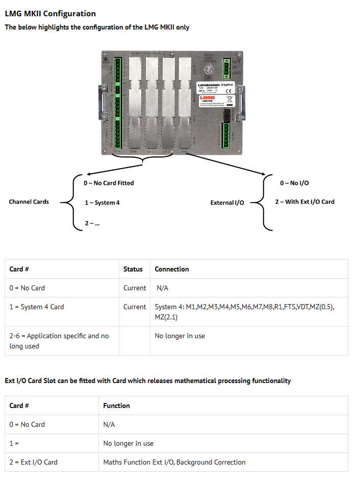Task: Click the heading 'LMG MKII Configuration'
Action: pyautogui.click(x=50, y=14)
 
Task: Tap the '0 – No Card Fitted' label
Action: pyautogui.click(x=109, y=183)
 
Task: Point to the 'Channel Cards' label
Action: pyautogui.click(x=29, y=202)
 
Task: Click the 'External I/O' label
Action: pyautogui.click(x=227, y=203)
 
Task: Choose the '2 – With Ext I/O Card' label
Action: pyautogui.click(x=305, y=202)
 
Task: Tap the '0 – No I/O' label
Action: pyautogui.click(x=294, y=183)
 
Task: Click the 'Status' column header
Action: pyautogui.click(x=133, y=269)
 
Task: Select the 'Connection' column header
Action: pyautogui.click(x=172, y=269)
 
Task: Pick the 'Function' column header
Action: pyautogui.click(x=116, y=405)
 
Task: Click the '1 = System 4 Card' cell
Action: pyautogui.click(x=37, y=307)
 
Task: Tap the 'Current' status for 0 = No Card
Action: pyautogui.click(x=135, y=288)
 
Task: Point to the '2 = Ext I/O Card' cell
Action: pyautogui.click(x=34, y=462)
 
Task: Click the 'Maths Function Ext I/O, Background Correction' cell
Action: pyautogui.click(x=174, y=462)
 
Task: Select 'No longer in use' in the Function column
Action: pyautogui.click(x=128, y=443)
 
